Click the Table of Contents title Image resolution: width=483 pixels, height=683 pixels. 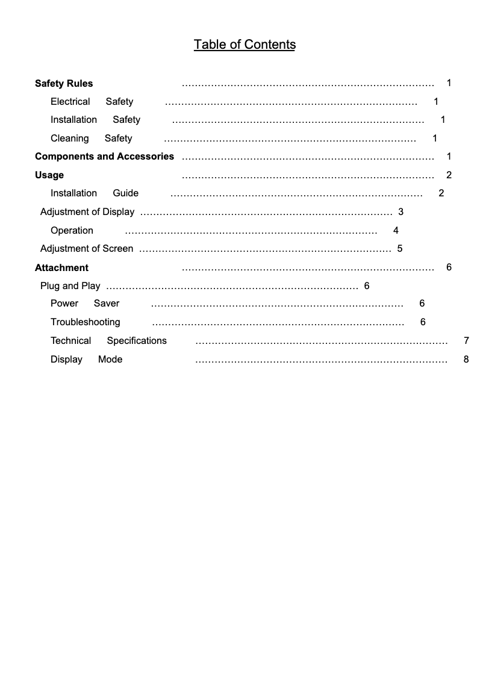245,45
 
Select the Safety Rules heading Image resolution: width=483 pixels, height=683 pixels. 64,84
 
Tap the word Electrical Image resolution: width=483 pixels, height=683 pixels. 70,102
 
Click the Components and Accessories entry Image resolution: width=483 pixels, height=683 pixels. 104,157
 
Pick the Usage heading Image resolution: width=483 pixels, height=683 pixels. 49,175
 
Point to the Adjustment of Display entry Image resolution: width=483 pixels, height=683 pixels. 87,212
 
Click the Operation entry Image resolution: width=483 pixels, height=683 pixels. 72,231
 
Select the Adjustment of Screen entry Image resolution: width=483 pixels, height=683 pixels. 87,249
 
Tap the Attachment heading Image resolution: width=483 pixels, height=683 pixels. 61,267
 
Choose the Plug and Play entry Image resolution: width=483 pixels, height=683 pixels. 70,286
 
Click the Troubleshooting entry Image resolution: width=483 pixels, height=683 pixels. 85,322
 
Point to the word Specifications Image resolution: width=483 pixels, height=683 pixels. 137,341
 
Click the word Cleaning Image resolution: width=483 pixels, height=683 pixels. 69,139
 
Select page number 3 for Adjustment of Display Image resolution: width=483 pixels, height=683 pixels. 400,212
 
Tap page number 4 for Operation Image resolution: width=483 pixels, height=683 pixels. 396,231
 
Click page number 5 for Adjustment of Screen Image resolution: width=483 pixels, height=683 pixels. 399,249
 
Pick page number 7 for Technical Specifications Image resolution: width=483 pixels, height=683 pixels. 466,341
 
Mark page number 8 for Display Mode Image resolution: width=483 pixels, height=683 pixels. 466,360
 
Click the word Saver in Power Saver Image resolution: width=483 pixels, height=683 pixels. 107,304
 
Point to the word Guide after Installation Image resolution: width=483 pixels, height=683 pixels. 125,193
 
